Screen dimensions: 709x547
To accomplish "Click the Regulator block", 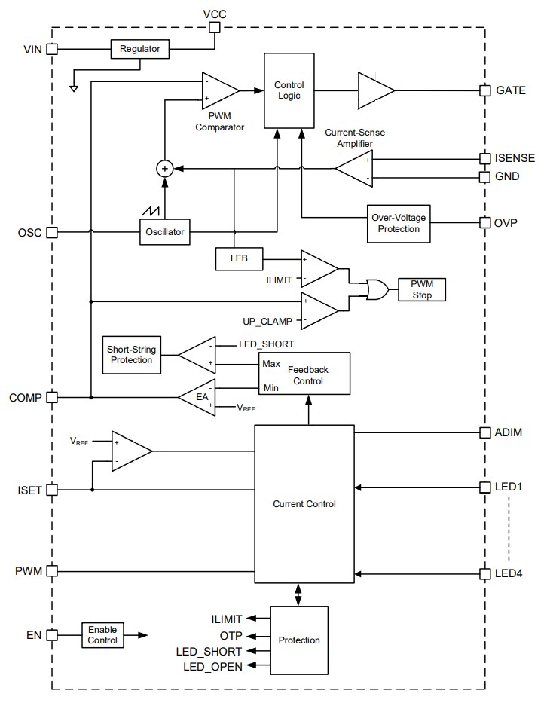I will [140, 50].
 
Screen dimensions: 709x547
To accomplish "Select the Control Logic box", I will [289, 90].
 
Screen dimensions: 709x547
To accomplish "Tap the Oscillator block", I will [164, 232].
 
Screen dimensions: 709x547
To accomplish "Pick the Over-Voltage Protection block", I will [399, 223].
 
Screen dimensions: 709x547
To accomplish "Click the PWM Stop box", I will [422, 289].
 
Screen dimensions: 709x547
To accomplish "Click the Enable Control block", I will [102, 635].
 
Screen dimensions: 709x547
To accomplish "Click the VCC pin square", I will [214, 28].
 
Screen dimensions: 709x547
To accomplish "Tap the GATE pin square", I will [484, 90].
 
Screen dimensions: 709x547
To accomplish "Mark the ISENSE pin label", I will [515, 158].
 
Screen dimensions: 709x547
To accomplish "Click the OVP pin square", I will [484, 223].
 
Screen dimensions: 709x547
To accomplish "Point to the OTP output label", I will [231, 635].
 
